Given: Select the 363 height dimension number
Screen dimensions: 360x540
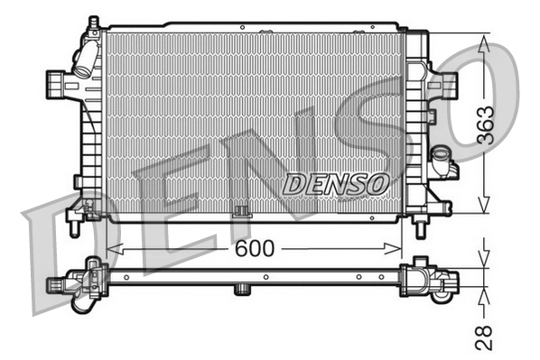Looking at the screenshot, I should pos(485,125).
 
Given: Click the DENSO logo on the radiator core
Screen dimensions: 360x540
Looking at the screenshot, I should pos(336,182).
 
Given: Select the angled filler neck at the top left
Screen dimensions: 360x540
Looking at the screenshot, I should pos(86,56).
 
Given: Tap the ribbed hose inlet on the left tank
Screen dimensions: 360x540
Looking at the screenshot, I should pos(55,85).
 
